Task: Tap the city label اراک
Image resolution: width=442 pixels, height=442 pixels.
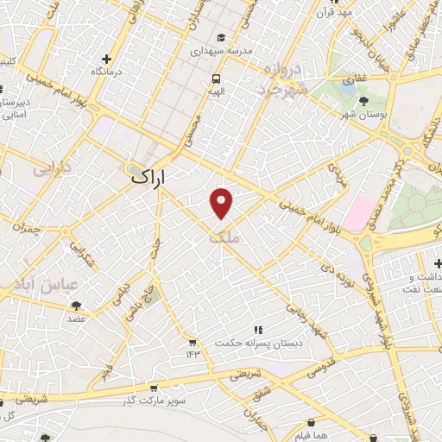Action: point(147,177)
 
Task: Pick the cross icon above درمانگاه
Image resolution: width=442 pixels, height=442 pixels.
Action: point(107,60)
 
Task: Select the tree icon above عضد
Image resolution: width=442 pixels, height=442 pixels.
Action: point(77,305)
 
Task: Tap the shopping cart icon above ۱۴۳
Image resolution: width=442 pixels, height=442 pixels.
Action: point(192,343)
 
